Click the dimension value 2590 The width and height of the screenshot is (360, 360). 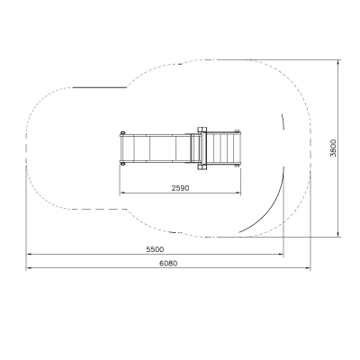tap(180, 188)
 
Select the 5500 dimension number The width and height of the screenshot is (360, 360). tap(155, 249)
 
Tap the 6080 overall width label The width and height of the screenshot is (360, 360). tap(168, 264)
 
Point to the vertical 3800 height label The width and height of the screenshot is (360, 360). tap(333, 148)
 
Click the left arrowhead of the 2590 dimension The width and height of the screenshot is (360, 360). tap(122, 193)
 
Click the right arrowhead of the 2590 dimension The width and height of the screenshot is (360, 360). tap(238, 193)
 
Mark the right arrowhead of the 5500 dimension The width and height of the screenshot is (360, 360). tap(281, 255)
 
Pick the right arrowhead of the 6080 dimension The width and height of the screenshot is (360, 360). tap(308, 268)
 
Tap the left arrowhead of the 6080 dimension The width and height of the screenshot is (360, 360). tap(29, 268)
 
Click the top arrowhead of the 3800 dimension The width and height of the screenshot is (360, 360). tap(338, 62)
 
